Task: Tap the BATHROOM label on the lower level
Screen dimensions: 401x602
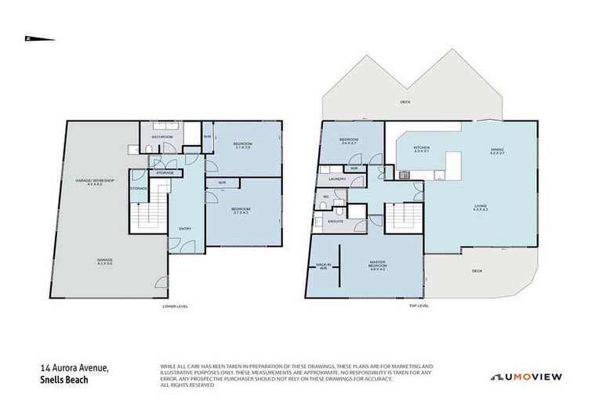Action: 162,137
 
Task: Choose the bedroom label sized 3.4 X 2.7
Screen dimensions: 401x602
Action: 349,143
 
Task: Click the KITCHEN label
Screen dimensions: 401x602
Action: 422,148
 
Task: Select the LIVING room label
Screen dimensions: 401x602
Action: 480,209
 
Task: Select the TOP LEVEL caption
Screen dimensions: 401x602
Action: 419,306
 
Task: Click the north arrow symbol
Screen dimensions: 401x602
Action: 38,38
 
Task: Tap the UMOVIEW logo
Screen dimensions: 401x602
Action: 526,377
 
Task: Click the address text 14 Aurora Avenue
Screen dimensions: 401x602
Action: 76,367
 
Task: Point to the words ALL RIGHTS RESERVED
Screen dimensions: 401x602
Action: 187,385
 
